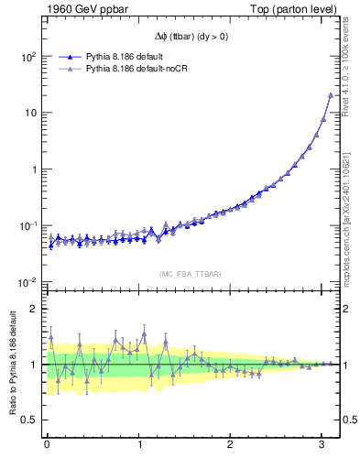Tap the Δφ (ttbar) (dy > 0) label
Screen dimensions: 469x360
(x=193, y=37)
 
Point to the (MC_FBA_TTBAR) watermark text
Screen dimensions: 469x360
(x=193, y=272)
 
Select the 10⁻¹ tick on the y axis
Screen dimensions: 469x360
(x=27, y=226)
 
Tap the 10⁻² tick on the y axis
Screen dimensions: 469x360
(x=27, y=282)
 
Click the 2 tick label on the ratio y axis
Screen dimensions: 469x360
(x=33, y=309)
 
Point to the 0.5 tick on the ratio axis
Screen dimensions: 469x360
(x=29, y=420)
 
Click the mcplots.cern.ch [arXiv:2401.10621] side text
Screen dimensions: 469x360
(x=352, y=211)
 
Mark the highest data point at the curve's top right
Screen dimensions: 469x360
(x=331, y=95)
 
